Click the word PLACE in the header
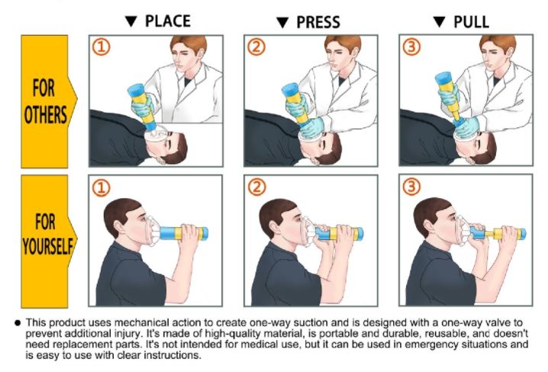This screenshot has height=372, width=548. [x=168, y=21]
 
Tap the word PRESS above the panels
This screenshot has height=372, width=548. [x=318, y=22]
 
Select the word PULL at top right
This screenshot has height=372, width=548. [x=471, y=22]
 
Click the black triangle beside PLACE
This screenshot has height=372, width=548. [x=131, y=21]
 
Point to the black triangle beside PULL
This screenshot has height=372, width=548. [x=440, y=21]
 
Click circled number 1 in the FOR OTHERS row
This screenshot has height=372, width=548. [x=102, y=47]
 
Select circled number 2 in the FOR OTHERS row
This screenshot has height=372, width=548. [x=256, y=47]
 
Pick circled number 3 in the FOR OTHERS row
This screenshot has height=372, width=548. [x=411, y=47]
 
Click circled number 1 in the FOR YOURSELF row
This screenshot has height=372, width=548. [x=102, y=188]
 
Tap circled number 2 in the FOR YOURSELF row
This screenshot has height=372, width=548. [x=257, y=187]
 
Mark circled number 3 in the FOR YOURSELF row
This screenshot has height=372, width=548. [x=411, y=187]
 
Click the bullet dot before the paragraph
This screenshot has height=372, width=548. [x=18, y=322]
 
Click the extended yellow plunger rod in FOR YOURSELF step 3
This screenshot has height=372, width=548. [x=494, y=232]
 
